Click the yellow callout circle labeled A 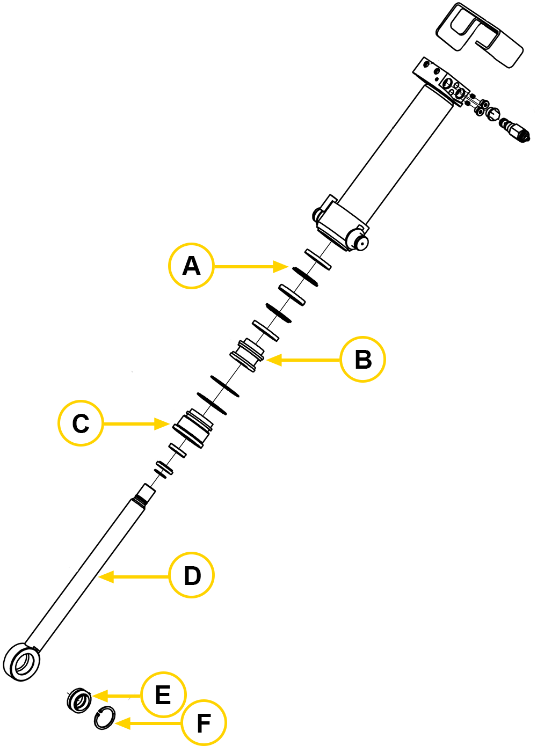point(191,266)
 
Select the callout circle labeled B point(363,360)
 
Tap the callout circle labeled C point(81,423)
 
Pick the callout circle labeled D point(192,575)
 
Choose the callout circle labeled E point(163,695)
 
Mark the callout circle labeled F point(204,723)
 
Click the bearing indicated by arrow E point(79,700)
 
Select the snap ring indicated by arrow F point(105,718)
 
